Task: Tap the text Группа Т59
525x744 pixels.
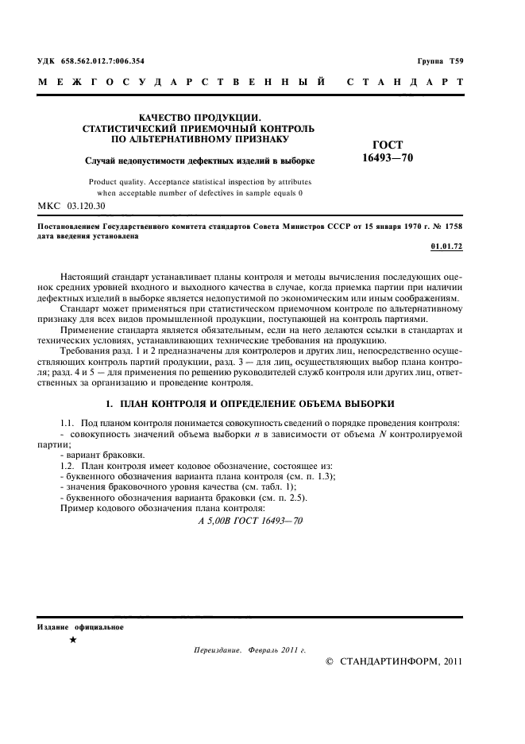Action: pos(440,61)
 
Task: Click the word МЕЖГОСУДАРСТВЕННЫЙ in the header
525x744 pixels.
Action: pos(182,82)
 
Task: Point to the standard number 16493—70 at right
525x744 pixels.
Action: pos(388,157)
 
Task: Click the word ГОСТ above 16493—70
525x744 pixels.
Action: pos(388,145)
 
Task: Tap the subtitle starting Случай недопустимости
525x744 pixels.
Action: pos(199,161)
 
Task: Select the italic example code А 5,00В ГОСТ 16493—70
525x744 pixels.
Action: pos(250,521)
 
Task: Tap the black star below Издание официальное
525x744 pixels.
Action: pos(73,640)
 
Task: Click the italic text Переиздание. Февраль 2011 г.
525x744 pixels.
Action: pos(249,649)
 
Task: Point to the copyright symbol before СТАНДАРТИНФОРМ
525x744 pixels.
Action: pos(330,661)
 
